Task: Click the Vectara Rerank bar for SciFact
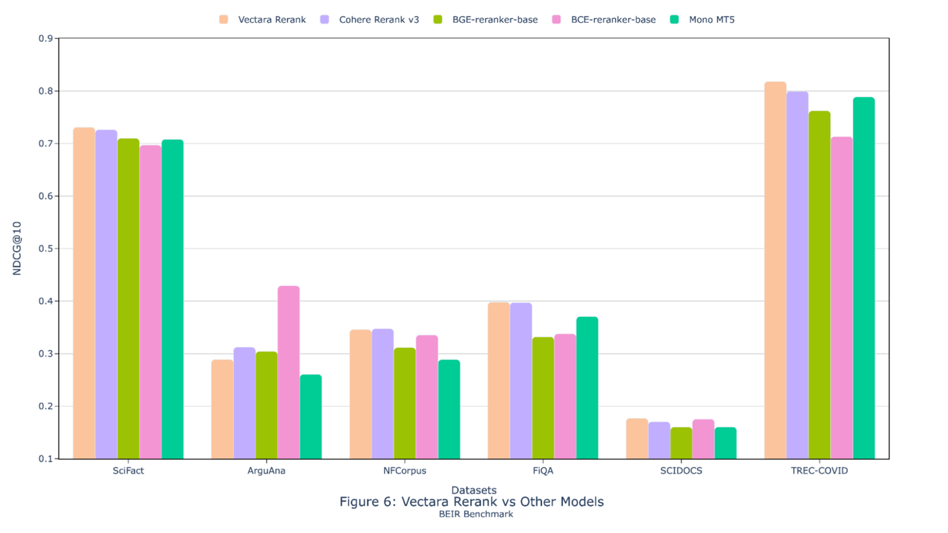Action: point(84,293)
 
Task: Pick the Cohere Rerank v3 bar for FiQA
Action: point(521,381)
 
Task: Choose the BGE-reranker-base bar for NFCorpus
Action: point(405,403)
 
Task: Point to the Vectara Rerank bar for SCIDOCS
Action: point(637,439)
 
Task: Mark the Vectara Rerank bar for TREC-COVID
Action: point(775,270)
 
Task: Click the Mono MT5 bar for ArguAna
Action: point(311,417)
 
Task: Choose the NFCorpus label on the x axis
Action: point(405,470)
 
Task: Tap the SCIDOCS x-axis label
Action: point(681,470)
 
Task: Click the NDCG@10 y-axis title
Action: point(18,248)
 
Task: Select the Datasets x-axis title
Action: point(473,490)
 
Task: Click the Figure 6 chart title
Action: point(471,502)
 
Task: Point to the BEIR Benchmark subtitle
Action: point(475,514)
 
